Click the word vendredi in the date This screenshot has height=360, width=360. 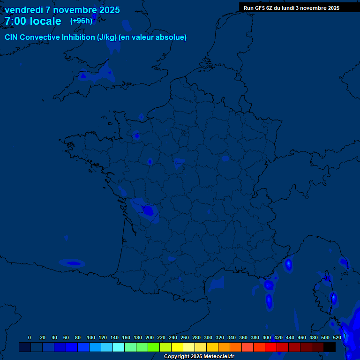[24, 10]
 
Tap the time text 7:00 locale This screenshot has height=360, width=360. [33, 21]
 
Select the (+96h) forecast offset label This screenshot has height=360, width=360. [81, 21]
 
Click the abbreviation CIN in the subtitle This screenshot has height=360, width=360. [11, 37]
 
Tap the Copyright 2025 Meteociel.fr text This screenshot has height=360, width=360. [199, 357]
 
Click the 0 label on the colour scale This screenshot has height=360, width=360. [30, 337]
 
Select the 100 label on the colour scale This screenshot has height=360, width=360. [91, 337]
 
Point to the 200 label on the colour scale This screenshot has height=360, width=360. [150, 337]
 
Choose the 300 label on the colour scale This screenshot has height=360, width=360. [208, 337]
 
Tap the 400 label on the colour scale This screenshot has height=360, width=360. [267, 337]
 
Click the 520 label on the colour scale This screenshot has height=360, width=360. [337, 337]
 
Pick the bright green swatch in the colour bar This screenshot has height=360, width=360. [154, 347]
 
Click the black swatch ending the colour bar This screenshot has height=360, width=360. [330, 347]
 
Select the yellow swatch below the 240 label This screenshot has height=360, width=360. [177, 347]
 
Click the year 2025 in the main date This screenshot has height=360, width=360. [108, 10]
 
